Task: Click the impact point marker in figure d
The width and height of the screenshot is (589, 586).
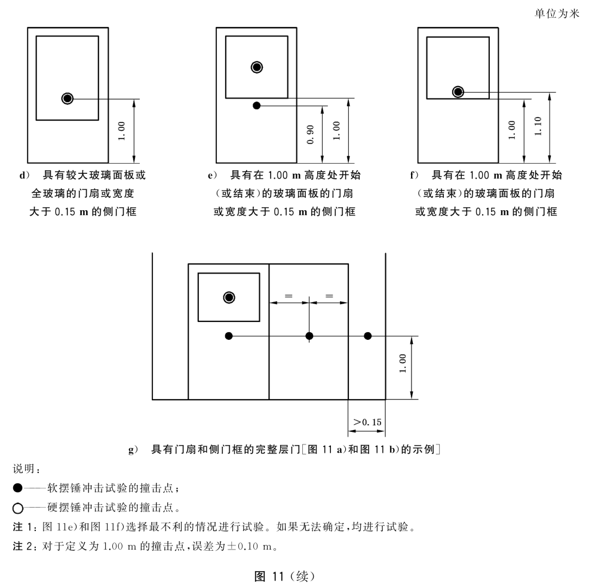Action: click(68, 99)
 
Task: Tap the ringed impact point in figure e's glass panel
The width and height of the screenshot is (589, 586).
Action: click(257, 68)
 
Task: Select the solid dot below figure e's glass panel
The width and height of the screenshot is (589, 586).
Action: click(256, 106)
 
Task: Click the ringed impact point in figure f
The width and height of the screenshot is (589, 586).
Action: click(458, 91)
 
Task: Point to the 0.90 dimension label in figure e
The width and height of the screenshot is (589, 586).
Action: click(310, 134)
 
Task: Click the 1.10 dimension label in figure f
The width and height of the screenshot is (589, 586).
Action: click(538, 126)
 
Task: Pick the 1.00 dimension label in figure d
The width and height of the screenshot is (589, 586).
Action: click(121, 131)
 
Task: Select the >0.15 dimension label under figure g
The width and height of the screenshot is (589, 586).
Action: click(367, 422)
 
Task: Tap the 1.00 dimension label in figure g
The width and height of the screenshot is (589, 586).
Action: click(403, 363)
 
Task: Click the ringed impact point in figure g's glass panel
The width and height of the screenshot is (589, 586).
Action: click(229, 297)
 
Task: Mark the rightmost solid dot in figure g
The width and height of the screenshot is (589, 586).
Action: click(368, 336)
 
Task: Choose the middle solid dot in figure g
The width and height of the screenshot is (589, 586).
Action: click(309, 336)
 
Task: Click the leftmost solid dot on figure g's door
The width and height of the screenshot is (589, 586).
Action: click(229, 336)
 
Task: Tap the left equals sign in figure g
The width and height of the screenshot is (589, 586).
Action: click(289, 296)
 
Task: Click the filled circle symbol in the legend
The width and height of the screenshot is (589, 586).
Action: click(18, 487)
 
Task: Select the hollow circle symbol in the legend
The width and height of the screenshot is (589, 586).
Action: click(18, 508)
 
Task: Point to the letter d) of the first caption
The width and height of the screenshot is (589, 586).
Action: click(24, 175)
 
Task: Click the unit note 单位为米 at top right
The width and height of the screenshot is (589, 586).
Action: click(557, 14)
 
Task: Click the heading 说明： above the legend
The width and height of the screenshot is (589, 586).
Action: click(27, 468)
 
